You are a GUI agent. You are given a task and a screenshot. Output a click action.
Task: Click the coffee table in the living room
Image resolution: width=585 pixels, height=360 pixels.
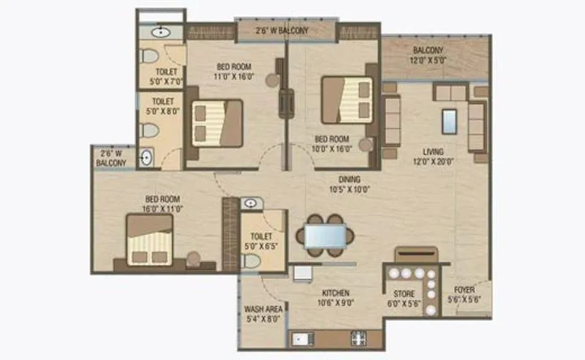pos(450,120)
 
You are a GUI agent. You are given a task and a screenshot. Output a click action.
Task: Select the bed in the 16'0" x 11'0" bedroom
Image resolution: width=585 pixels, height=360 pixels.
pos(150,239)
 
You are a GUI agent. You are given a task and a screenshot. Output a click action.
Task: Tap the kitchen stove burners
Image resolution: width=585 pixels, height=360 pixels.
pos(359,338)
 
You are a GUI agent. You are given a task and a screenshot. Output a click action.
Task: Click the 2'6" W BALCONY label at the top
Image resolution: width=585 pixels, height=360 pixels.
pos(282,31)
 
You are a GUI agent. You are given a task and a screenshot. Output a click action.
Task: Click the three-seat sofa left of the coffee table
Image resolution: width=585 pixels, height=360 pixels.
pos(391,119)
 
